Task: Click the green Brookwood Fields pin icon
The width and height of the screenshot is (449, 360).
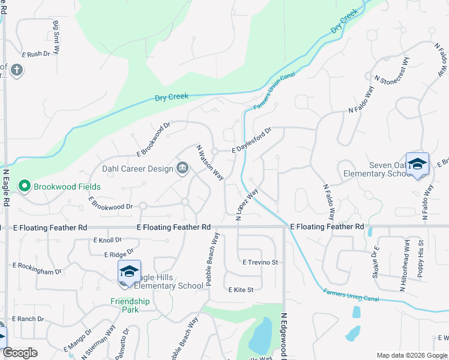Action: (25, 187)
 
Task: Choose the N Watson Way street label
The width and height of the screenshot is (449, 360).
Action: (210, 163)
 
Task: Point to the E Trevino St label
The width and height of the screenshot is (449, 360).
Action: (261, 262)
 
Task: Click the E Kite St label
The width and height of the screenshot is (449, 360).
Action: (241, 289)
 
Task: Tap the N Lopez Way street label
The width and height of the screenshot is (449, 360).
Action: (247, 205)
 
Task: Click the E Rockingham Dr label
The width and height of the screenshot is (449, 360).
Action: (37, 268)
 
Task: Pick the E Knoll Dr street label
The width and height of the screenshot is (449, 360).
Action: (107, 240)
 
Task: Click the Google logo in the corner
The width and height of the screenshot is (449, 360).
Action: (20, 353)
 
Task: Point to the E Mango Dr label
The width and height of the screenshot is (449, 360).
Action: (77, 340)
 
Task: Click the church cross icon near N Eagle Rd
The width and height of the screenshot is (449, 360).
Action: (16, 70)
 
